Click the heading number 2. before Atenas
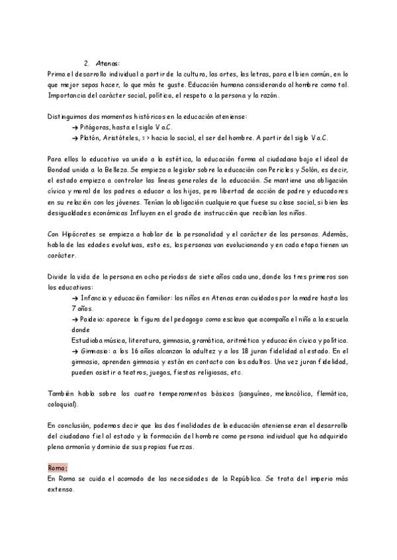click(87, 63)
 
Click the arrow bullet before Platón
click(75, 138)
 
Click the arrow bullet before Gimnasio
click(75, 351)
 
